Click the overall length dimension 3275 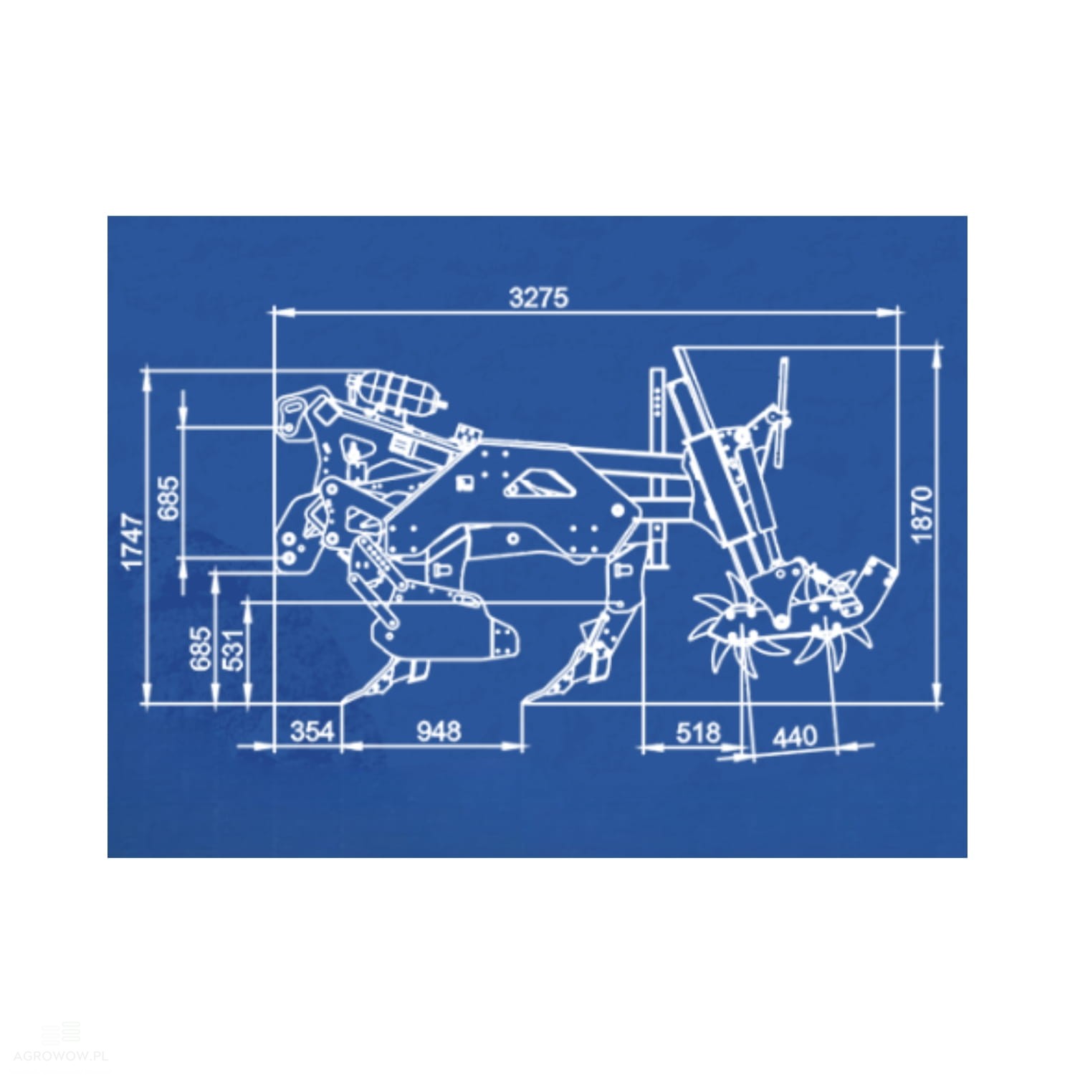click(x=538, y=297)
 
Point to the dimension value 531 click(x=236, y=648)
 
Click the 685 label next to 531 click(x=201, y=649)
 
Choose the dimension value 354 click(x=312, y=731)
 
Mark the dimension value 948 click(x=439, y=731)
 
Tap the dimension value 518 click(x=697, y=732)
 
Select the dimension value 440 click(x=795, y=736)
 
